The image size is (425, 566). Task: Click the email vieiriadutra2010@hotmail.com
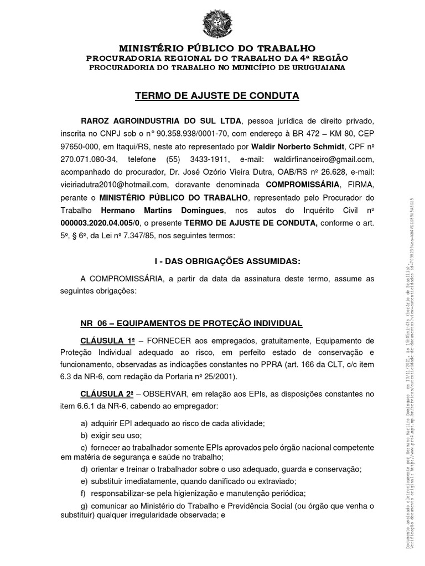point(113,185)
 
